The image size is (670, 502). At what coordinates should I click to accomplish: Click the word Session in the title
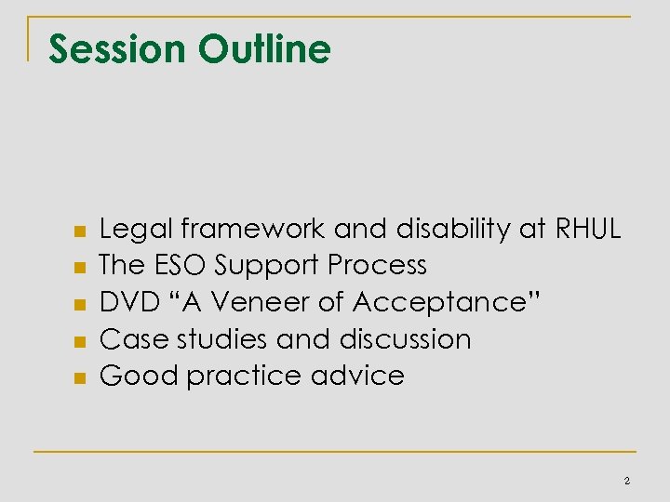tap(113, 49)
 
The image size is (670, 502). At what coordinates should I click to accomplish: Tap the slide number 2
tap(626, 481)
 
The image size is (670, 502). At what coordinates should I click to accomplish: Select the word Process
tap(377, 265)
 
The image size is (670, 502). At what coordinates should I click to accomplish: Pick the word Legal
tap(138, 229)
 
